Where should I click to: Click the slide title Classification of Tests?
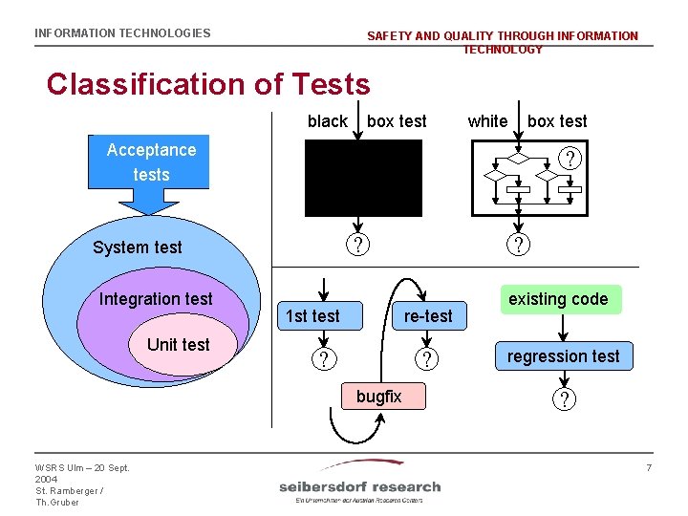(x=208, y=84)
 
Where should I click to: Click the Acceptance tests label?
(x=151, y=161)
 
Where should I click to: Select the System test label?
(x=137, y=247)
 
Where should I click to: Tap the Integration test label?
(x=156, y=299)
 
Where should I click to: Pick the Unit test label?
(x=178, y=344)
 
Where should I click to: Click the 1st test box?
(x=313, y=316)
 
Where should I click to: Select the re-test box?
(x=428, y=316)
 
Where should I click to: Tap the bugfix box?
(x=379, y=396)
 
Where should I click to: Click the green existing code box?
(x=558, y=299)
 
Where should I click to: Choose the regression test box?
(x=563, y=356)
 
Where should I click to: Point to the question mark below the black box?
(x=356, y=246)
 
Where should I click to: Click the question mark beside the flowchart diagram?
(x=570, y=159)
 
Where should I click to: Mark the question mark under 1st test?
(x=326, y=360)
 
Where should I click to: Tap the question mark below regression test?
(x=564, y=399)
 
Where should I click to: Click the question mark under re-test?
(x=427, y=360)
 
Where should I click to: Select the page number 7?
(x=648, y=467)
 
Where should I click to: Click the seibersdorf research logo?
(x=359, y=484)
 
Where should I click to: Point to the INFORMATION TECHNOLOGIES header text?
(x=122, y=33)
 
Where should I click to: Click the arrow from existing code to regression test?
(x=564, y=328)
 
